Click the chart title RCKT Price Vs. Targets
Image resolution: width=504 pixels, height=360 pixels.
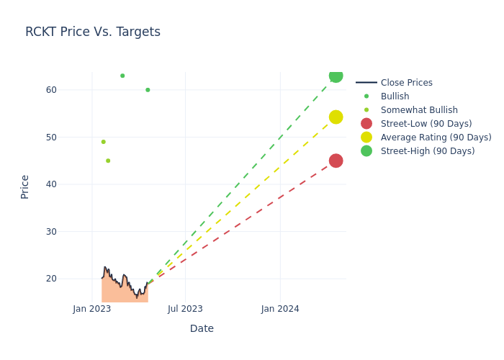pos(93,32)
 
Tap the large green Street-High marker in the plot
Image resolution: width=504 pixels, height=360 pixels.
pos(336,76)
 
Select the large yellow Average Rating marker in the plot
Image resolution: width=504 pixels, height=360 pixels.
pos(336,117)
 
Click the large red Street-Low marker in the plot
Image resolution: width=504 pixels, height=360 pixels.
pos(336,161)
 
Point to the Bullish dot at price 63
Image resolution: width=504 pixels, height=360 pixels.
pos(122,76)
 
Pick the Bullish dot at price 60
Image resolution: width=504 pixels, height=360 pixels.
pos(148,90)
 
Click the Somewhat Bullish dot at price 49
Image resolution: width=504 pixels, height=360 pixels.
pos(103,142)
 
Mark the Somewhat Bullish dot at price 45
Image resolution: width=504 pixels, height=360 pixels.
pos(108,161)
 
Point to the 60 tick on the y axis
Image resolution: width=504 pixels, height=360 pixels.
pos(52,90)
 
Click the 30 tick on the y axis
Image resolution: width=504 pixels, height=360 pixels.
pos(52,231)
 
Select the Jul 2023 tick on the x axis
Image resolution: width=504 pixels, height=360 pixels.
pos(185,309)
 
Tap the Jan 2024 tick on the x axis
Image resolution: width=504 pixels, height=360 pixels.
pos(280,309)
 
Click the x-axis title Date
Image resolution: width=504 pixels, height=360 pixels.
pos(202,328)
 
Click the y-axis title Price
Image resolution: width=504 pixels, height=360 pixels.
pos(25,186)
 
